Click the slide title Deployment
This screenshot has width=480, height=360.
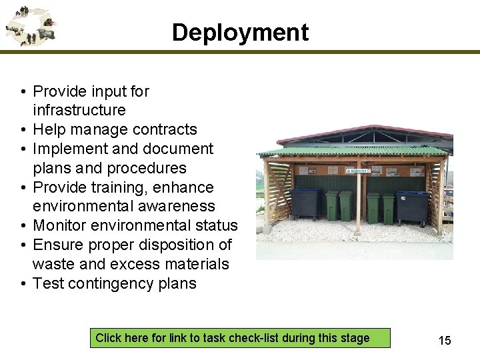point(240,32)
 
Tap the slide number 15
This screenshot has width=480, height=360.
point(444,341)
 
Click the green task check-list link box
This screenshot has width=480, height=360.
point(233,338)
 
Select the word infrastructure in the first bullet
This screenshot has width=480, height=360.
point(79,110)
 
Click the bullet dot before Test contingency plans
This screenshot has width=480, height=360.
point(23,284)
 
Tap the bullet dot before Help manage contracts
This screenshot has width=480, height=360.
point(23,130)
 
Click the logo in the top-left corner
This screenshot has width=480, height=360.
point(29,25)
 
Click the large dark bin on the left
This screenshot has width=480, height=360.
point(306,204)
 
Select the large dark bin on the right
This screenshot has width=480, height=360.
point(412,208)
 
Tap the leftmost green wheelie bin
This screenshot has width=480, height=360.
point(331,206)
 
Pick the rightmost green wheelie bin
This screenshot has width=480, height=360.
point(388,208)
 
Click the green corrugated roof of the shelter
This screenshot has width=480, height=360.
point(353,151)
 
